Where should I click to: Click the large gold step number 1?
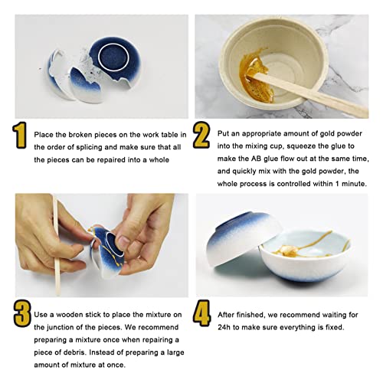click(x=20, y=135)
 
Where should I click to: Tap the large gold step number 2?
click(x=201, y=135)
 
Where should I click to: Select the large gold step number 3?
click(x=22, y=313)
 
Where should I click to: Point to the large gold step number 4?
click(x=202, y=313)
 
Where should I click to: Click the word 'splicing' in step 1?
click(x=89, y=147)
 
